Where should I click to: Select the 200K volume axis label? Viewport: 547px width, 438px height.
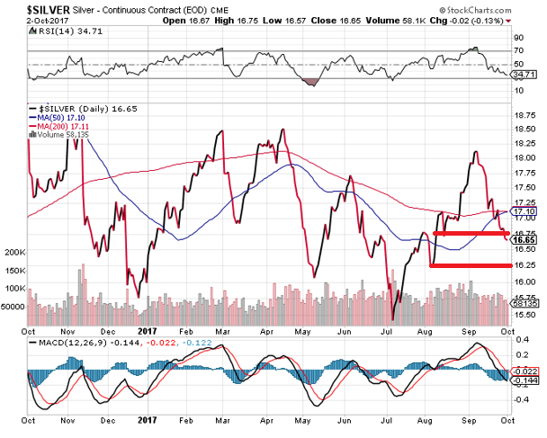tap(15, 253)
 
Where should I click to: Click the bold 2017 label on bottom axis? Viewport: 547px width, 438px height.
tap(148, 418)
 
